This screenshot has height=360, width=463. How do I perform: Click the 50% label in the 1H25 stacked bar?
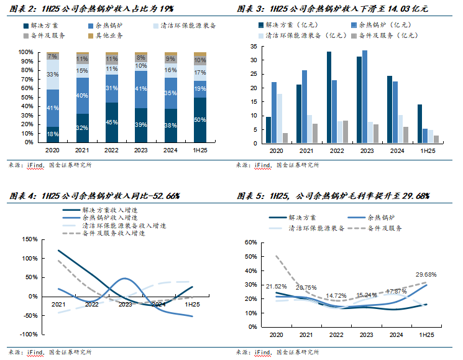click(200, 119)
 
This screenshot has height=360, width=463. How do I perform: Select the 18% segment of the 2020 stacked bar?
click(53, 134)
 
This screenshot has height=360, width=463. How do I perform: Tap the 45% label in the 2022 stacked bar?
click(112, 122)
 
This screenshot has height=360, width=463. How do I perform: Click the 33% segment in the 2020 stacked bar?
click(53, 75)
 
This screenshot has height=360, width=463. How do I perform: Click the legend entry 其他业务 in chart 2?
click(109, 37)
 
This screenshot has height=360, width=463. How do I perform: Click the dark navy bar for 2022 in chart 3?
click(329, 98)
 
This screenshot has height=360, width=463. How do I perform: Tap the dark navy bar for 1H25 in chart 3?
click(419, 124)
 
